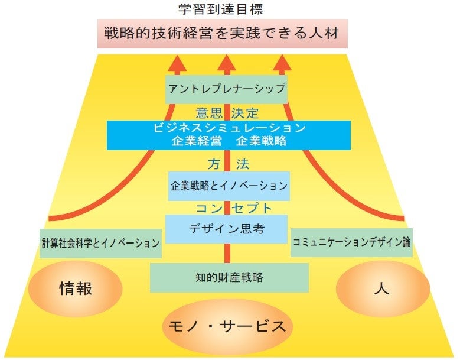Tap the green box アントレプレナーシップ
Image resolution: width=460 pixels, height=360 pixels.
[226, 90]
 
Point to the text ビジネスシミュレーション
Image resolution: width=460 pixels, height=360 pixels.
[229, 128]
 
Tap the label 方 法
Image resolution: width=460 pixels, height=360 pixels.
[228, 163]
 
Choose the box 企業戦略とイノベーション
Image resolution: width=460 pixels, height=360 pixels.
[228, 186]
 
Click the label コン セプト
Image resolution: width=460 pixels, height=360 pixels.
[234, 208]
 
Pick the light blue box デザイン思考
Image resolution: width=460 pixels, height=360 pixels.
[226, 229]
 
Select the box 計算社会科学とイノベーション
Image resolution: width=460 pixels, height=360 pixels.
[101, 243]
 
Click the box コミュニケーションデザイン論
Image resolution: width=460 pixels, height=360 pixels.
[351, 242]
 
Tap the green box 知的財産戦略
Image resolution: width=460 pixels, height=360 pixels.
[229, 277]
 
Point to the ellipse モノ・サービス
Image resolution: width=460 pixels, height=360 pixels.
[227, 326]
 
